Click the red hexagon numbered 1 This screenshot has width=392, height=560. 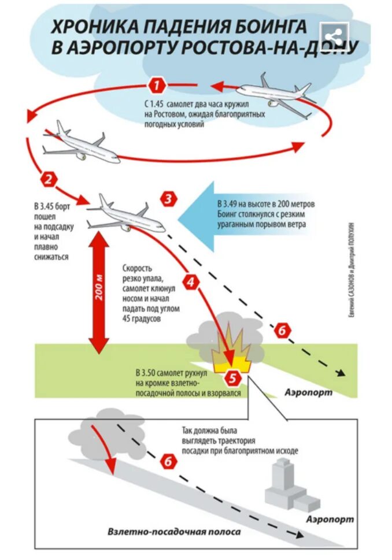click(157, 86)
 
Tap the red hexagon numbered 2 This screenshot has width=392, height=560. click(50, 179)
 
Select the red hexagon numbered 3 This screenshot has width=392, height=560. click(168, 200)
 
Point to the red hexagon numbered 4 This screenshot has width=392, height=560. click(191, 282)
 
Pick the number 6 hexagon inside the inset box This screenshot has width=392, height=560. click(167, 461)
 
